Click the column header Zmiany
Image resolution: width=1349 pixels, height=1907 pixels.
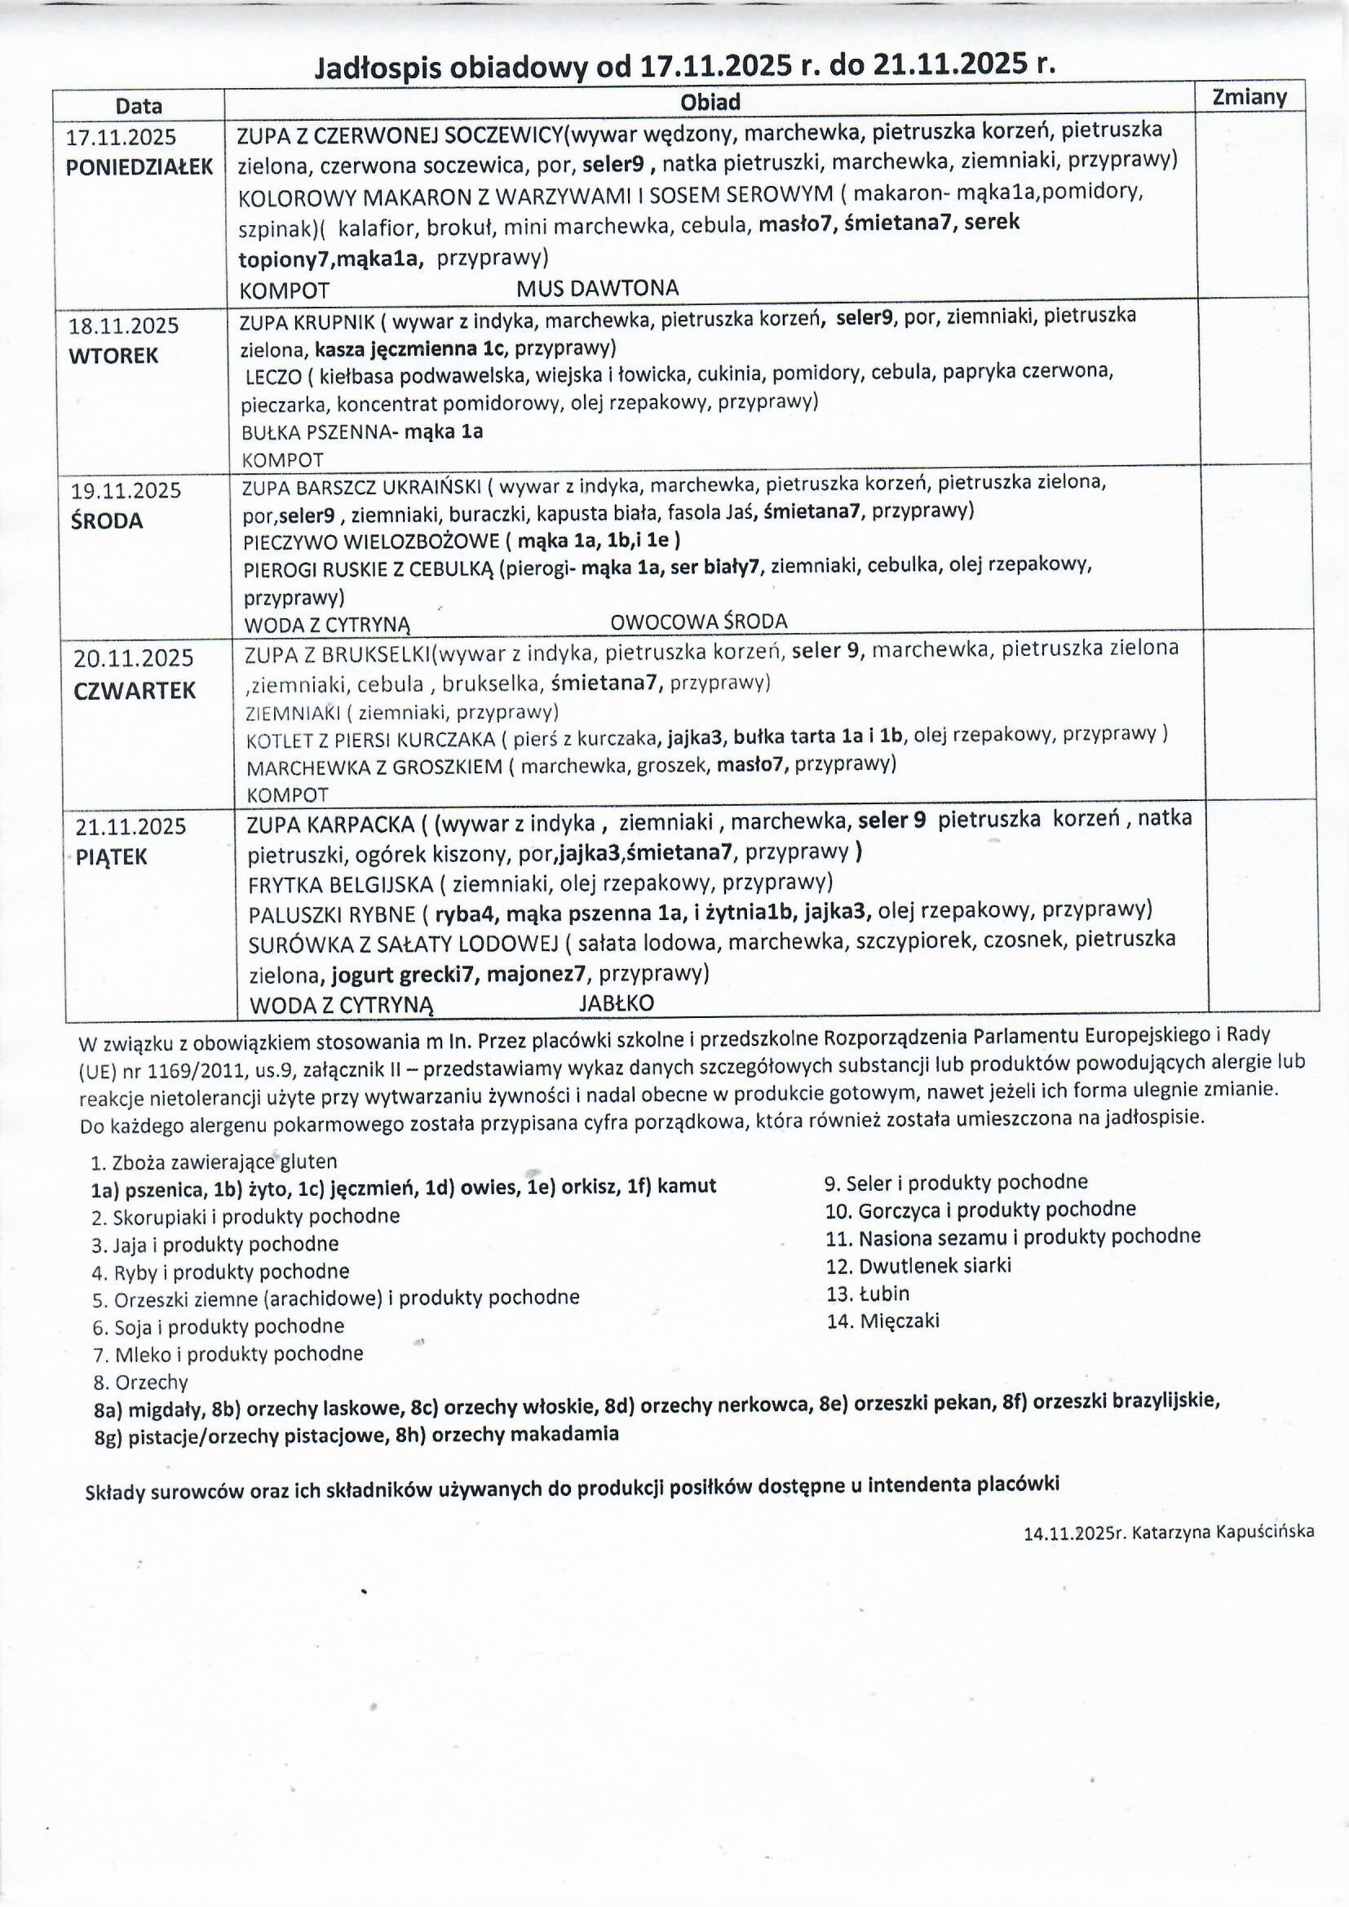(x=1249, y=97)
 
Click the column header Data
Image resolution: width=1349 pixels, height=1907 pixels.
(x=139, y=106)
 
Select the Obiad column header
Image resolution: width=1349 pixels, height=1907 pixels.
(x=710, y=102)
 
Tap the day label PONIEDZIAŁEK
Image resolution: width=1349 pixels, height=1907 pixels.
(x=139, y=167)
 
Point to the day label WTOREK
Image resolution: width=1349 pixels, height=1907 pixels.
(x=113, y=356)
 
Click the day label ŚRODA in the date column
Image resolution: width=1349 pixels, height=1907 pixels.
(x=107, y=520)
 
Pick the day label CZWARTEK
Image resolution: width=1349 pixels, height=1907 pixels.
(x=135, y=690)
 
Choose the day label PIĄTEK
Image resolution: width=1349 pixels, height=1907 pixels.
(x=111, y=857)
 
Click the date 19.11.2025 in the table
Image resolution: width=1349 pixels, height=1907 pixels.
(x=125, y=490)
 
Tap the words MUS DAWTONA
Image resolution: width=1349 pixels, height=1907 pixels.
(x=597, y=288)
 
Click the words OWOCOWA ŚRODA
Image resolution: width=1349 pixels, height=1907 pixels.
(x=699, y=622)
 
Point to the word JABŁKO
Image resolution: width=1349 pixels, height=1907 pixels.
(x=617, y=1003)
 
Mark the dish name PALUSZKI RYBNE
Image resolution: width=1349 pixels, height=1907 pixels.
(x=331, y=915)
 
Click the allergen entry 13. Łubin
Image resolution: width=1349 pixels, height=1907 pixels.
(x=868, y=1293)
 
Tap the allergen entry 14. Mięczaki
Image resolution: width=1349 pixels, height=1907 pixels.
(x=883, y=1321)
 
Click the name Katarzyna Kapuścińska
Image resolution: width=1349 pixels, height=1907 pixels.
(x=1223, y=1532)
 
